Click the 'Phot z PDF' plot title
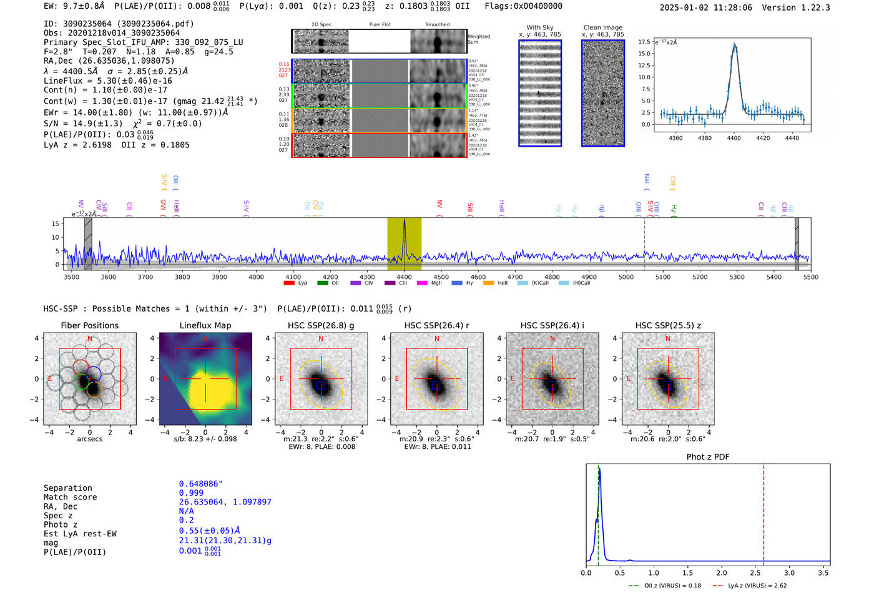(x=707, y=457)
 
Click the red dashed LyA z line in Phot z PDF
(x=763, y=512)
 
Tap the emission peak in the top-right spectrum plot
(x=735, y=45)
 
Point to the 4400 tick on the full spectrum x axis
(x=404, y=277)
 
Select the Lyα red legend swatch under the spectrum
(x=289, y=283)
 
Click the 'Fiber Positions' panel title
(x=89, y=325)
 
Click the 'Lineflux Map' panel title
(x=205, y=325)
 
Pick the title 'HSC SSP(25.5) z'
(x=667, y=325)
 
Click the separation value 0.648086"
(x=200, y=484)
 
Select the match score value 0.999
(x=191, y=493)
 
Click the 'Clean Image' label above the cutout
(x=602, y=27)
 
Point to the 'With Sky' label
(x=539, y=27)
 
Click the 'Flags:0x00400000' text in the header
(x=523, y=6)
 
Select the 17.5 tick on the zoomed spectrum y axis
(x=644, y=42)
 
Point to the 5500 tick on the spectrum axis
(x=810, y=277)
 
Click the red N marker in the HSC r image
(x=436, y=339)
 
